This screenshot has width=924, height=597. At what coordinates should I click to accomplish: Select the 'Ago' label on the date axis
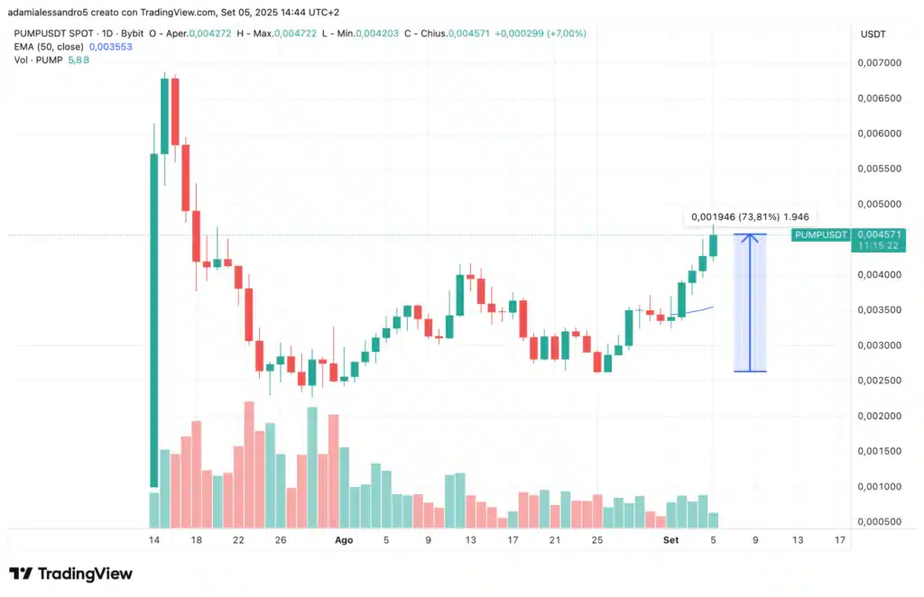(344, 540)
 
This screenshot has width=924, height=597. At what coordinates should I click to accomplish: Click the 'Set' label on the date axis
(670, 540)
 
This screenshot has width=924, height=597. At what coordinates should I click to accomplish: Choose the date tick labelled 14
(155, 540)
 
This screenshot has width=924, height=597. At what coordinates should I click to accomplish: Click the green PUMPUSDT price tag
(820, 235)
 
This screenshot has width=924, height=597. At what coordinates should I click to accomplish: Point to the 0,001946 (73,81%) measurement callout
(749, 216)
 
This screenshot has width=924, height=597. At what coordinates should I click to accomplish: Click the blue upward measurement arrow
(751, 302)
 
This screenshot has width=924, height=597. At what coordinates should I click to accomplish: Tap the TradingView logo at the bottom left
(70, 574)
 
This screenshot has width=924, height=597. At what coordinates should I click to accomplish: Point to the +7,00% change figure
(563, 33)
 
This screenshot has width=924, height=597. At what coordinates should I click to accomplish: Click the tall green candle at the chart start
(154, 320)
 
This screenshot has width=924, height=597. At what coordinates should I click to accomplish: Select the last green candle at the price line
(713, 244)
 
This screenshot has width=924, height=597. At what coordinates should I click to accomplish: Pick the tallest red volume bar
(249, 464)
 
